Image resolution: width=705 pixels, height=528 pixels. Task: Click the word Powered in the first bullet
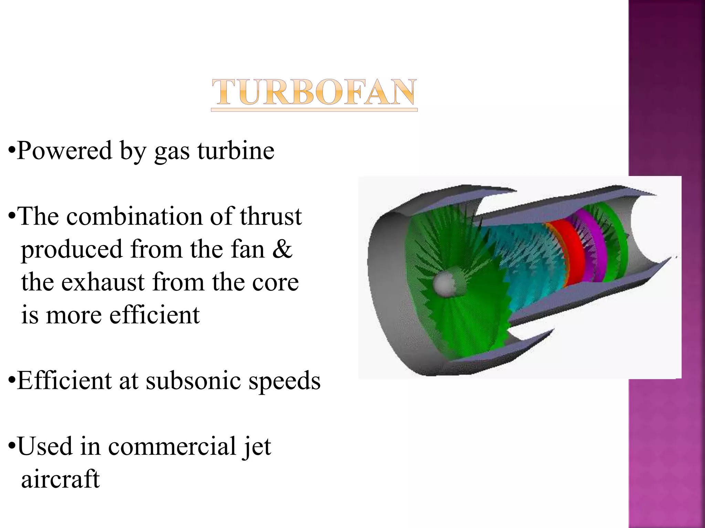(64, 151)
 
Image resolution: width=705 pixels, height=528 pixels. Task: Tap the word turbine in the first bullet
(236, 151)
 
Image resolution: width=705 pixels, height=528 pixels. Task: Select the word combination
(134, 217)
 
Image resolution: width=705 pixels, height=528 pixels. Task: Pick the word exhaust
(103, 282)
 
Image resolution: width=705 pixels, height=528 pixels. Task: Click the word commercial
(172, 446)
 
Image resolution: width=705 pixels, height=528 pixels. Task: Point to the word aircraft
(61, 479)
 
